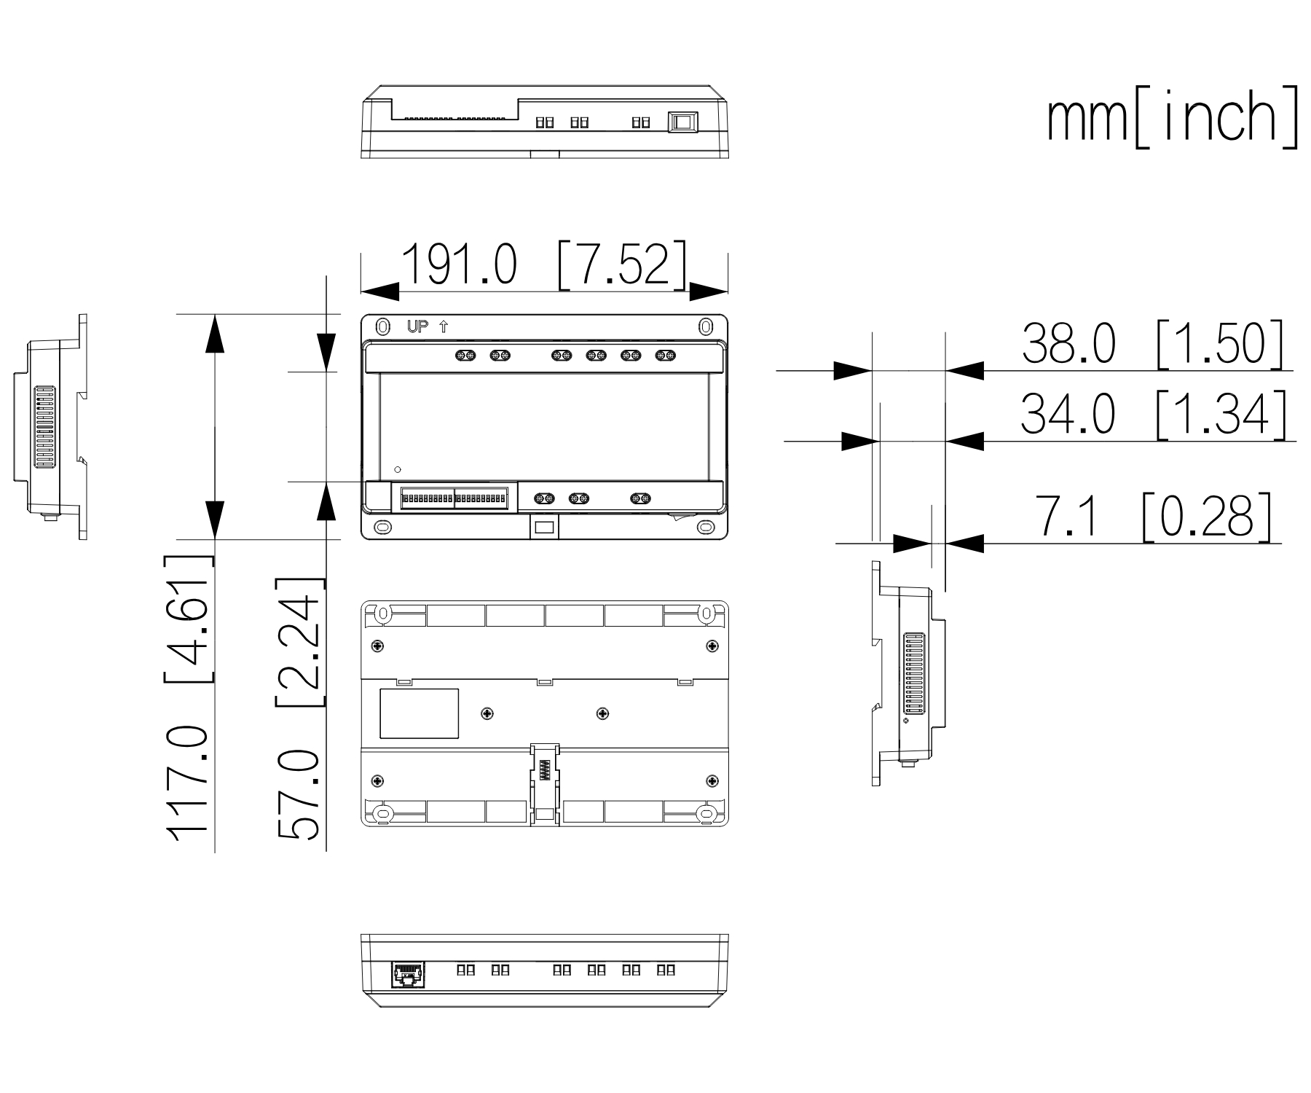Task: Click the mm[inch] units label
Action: pos(1173,117)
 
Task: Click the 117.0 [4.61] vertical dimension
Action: pos(189,699)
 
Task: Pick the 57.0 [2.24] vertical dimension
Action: pos(299,710)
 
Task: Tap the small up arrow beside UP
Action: pos(444,326)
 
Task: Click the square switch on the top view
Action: pos(683,122)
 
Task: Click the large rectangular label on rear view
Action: pos(419,713)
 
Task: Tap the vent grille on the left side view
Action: pos(44,427)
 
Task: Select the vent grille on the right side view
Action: pos(913,674)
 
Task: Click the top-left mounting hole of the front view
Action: pos(382,326)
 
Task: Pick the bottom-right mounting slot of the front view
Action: pos(704,526)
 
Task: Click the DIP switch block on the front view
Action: pos(454,499)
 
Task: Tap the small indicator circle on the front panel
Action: pos(397,469)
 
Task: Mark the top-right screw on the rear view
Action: pos(712,646)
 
